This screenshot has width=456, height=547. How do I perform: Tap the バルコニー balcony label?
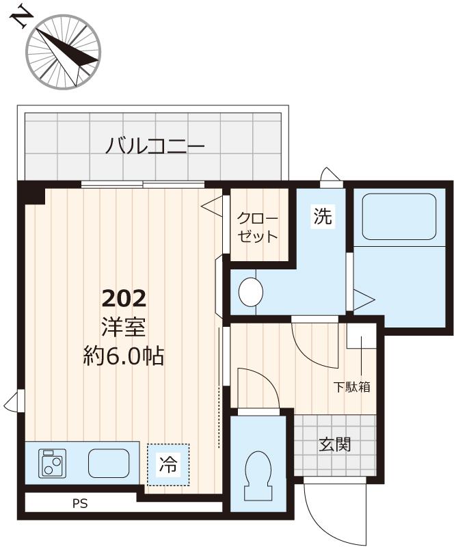[x=155, y=146]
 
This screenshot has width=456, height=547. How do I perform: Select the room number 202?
[x=124, y=298]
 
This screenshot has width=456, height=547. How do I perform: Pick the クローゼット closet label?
[x=257, y=228]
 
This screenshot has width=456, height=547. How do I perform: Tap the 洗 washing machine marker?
[x=322, y=217]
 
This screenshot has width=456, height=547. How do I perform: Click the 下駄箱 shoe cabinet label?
[x=351, y=386]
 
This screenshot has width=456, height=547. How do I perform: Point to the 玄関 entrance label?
[x=334, y=444]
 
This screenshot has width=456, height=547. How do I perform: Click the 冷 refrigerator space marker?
[x=167, y=465]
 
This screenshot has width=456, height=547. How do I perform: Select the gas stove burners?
[x=52, y=463]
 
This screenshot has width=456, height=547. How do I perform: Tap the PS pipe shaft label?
[x=81, y=505]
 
